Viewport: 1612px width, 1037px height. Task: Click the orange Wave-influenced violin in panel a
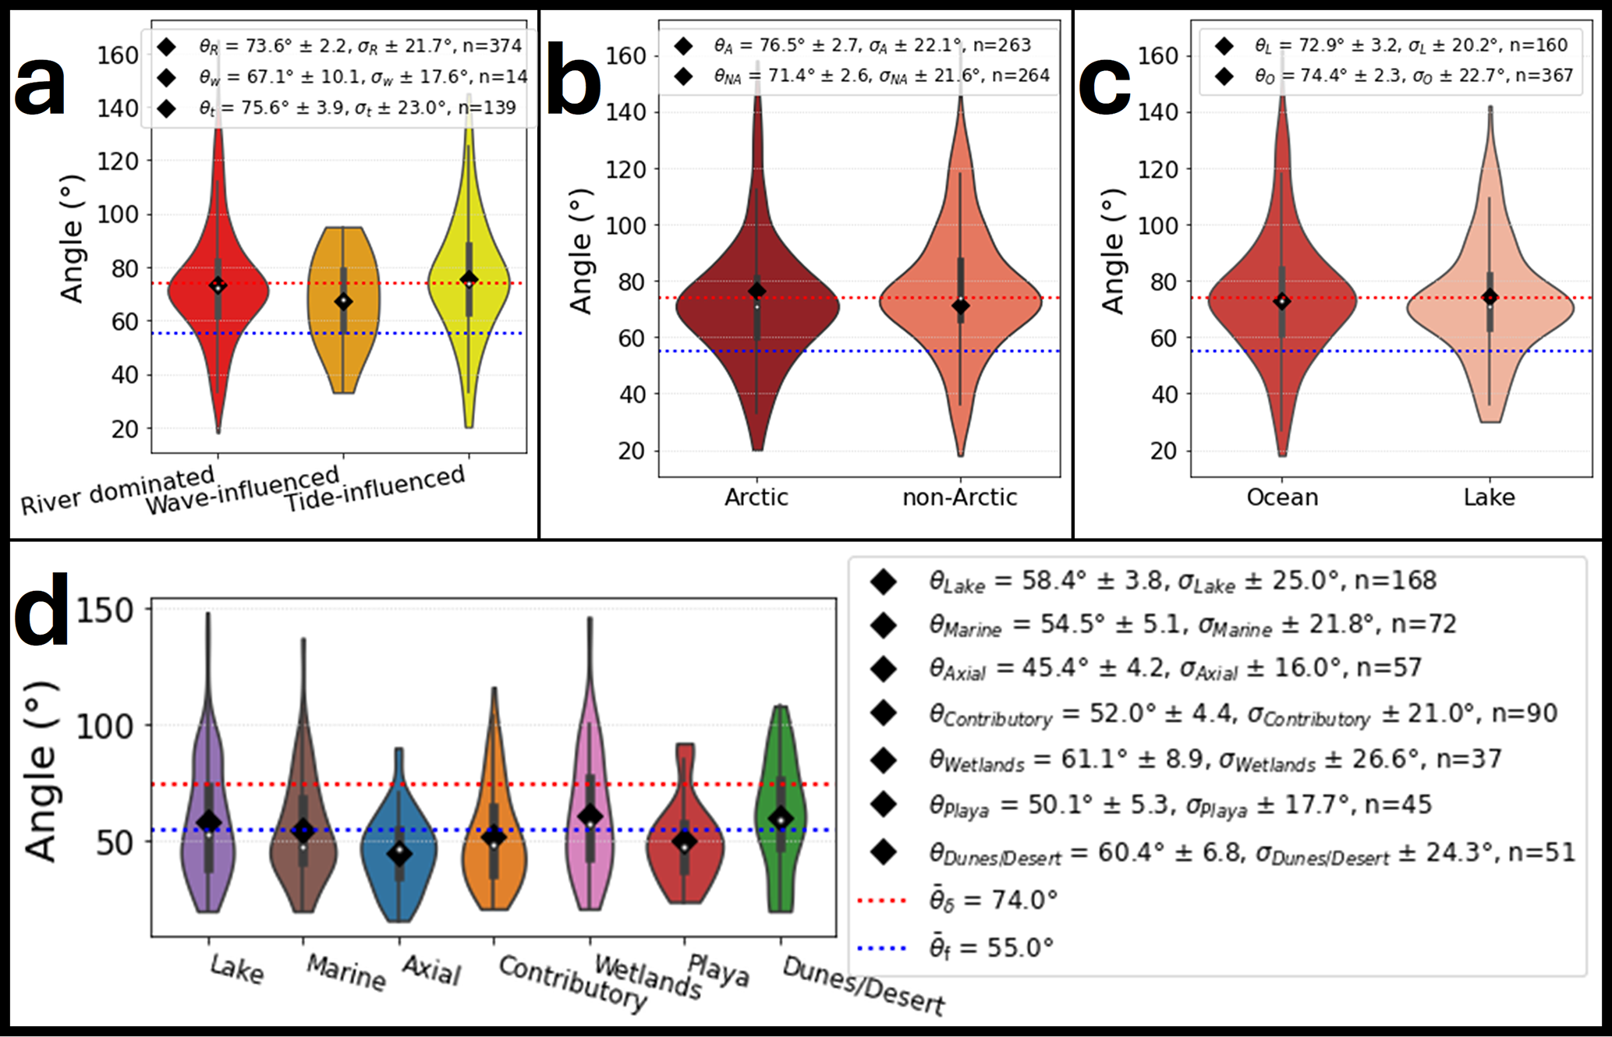click(x=343, y=327)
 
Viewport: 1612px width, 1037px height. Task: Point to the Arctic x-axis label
click(x=756, y=497)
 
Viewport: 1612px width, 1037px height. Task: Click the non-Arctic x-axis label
click(x=959, y=497)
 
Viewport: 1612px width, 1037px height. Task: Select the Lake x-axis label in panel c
click(x=1489, y=497)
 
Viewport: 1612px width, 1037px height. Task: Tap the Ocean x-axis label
click(x=1282, y=497)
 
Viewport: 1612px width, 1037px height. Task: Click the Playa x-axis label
click(x=717, y=970)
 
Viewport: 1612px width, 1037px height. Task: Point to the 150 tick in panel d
click(x=105, y=610)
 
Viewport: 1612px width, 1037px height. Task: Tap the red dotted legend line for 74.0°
click(x=881, y=901)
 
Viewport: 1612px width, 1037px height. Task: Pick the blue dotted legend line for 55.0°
click(x=881, y=948)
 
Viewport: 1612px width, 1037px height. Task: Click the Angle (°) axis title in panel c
click(x=1114, y=251)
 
